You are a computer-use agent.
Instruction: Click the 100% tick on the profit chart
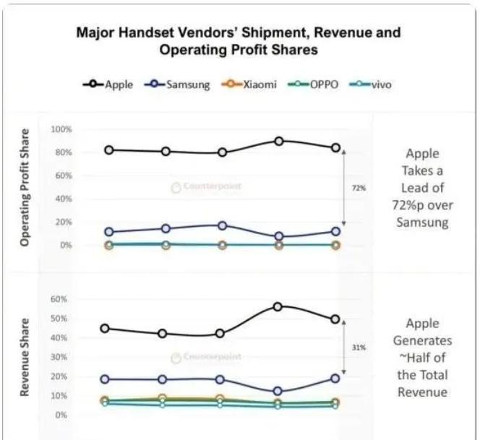pos(61,129)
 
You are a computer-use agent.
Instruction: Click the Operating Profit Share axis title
pos(26,188)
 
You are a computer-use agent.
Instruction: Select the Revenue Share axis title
pos(26,357)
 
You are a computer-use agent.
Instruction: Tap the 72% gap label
pos(359,188)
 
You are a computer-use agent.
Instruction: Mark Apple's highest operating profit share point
pos(279,141)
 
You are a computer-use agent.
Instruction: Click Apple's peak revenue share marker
pos(278,306)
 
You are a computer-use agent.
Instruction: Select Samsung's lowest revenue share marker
pos(278,392)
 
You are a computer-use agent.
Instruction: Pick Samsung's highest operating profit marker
pos(222,225)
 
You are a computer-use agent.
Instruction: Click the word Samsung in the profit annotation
pos(422,223)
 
